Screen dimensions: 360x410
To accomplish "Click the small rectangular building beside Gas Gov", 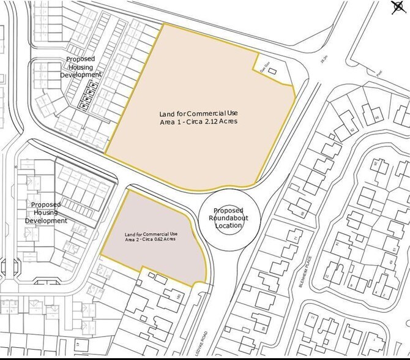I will click(x=272, y=72).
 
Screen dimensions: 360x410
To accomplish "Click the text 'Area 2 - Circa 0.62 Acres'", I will click(x=151, y=239).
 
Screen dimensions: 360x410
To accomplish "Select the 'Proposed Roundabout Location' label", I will click(x=229, y=218).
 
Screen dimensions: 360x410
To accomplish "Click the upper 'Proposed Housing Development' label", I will click(x=81, y=67).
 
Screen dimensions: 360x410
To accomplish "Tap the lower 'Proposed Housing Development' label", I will click(x=46, y=212).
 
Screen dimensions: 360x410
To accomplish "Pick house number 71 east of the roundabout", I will click(x=297, y=237).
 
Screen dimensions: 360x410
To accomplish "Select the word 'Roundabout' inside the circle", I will click(x=229, y=218).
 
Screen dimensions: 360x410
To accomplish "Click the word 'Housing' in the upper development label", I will click(x=81, y=67).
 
